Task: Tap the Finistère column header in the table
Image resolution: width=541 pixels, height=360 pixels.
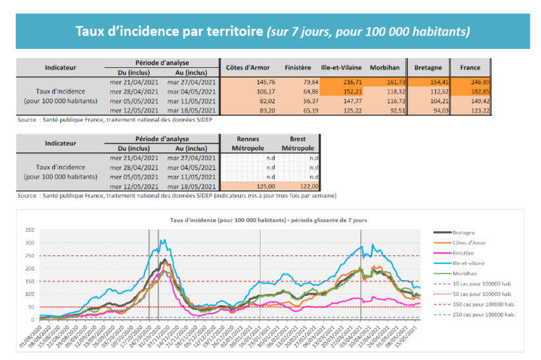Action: [298, 68]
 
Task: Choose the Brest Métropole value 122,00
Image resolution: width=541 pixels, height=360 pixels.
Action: [307, 187]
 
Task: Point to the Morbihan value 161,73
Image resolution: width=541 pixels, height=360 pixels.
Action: [390, 82]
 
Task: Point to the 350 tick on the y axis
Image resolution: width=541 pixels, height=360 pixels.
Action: [30, 230]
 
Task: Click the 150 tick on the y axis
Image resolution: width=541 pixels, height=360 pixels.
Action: [30, 282]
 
